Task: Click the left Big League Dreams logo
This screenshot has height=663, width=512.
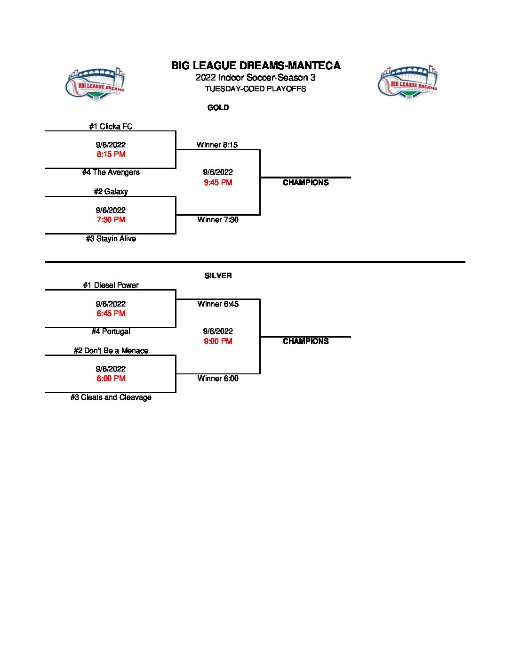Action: click(x=95, y=84)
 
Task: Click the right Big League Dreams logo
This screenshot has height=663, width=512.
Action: click(x=408, y=82)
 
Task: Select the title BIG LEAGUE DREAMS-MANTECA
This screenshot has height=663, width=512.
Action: click(x=256, y=65)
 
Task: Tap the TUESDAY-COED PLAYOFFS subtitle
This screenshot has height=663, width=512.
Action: click(x=256, y=89)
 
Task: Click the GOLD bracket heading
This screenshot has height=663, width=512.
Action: click(x=218, y=108)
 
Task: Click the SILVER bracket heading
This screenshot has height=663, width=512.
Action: click(x=218, y=276)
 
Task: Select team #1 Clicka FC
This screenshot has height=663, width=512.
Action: click(x=111, y=127)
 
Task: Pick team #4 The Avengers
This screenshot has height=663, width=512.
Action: click(x=111, y=172)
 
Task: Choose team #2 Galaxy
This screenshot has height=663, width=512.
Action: click(x=111, y=192)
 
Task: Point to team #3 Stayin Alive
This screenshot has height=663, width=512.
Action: click(x=111, y=239)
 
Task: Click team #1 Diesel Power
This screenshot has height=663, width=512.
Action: click(x=111, y=285)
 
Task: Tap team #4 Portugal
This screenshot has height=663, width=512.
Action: click(x=111, y=331)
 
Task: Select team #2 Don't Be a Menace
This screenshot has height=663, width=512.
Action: click(x=111, y=351)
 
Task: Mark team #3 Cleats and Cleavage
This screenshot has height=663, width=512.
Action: click(x=111, y=397)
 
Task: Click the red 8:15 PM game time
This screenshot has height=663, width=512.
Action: click(x=111, y=154)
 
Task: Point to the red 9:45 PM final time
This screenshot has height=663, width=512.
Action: click(x=218, y=183)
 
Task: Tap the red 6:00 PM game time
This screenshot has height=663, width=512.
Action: click(x=111, y=379)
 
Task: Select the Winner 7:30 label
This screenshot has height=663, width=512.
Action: click(x=218, y=220)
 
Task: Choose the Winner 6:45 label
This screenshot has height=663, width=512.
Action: click(x=218, y=304)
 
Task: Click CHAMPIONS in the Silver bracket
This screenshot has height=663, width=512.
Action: click(x=305, y=341)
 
